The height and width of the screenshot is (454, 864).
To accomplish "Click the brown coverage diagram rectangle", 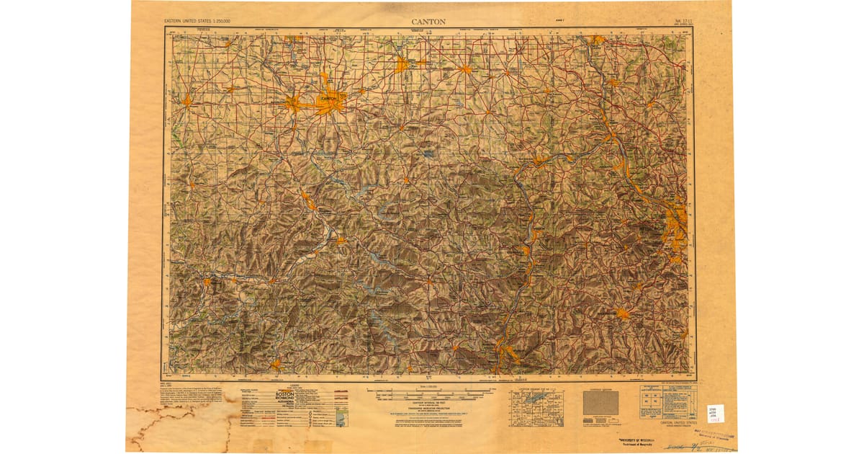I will click(600, 404).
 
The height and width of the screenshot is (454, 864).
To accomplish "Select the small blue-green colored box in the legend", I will click(342, 415).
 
